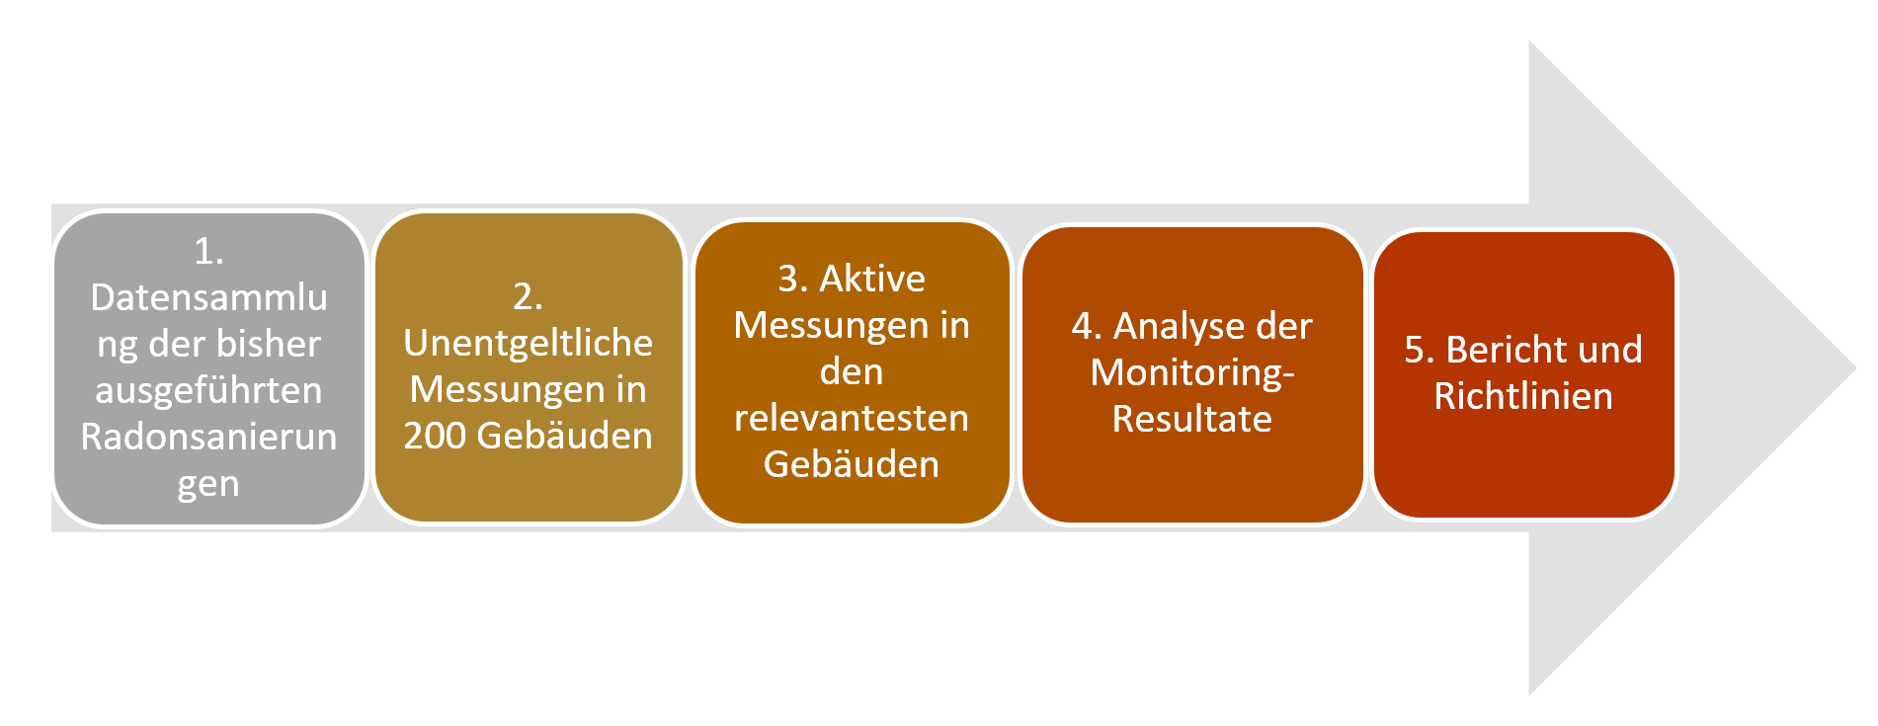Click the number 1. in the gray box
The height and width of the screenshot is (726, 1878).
pyautogui.click(x=208, y=251)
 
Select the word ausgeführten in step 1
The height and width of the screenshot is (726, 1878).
pyautogui.click(x=208, y=391)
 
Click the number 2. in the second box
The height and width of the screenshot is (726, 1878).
pyautogui.click(x=528, y=296)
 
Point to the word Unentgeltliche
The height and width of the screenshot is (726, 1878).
pyautogui.click(x=528, y=343)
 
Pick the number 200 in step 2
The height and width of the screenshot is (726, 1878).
pyautogui.click(x=436, y=436)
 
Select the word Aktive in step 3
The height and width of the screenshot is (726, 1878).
pyautogui.click(x=872, y=279)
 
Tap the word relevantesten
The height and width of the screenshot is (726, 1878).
pyautogui.click(x=851, y=418)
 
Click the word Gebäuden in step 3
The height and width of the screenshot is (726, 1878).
pyautogui.click(x=851, y=464)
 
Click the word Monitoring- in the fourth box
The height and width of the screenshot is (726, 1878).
pyautogui.click(x=1192, y=372)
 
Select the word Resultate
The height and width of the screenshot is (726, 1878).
pyautogui.click(x=1191, y=419)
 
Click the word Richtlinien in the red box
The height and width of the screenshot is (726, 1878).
pyautogui.click(x=1523, y=396)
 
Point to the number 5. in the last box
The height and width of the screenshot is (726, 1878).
pyautogui.click(x=1420, y=350)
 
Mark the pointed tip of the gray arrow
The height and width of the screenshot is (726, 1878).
pyautogui.click(x=1856, y=368)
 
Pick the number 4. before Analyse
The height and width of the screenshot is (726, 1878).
pyautogui.click(x=1087, y=327)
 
